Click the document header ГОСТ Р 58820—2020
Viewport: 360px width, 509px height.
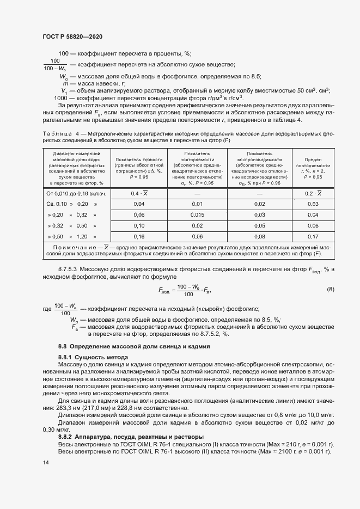tap(72, 36)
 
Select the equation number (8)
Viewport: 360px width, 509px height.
tap(330, 289)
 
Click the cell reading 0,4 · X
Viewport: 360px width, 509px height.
tap(139, 194)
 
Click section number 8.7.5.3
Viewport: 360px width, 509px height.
tap(69, 269)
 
